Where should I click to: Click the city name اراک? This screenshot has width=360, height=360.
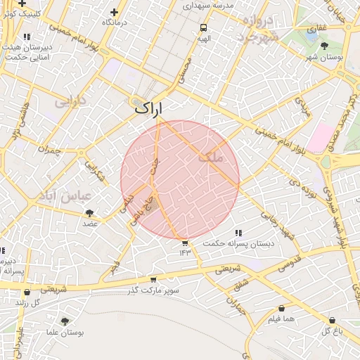click(x=148, y=108)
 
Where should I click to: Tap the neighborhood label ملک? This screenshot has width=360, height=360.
click(x=210, y=158)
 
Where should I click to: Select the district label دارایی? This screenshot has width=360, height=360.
click(x=70, y=103)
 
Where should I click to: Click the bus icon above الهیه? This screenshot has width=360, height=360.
click(x=203, y=28)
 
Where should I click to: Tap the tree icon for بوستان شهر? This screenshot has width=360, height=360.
click(x=323, y=46)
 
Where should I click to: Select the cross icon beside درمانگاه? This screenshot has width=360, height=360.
click(x=115, y=12)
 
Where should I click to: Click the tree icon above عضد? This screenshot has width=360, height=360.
click(x=89, y=212)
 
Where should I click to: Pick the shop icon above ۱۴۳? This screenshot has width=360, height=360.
click(x=185, y=243)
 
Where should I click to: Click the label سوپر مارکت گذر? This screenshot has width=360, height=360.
click(x=154, y=290)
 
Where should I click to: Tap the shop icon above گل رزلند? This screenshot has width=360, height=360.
click(x=27, y=292)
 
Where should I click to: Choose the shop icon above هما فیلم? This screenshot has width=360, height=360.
click(x=282, y=308)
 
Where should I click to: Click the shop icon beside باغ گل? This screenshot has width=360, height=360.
click(x=331, y=320)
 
